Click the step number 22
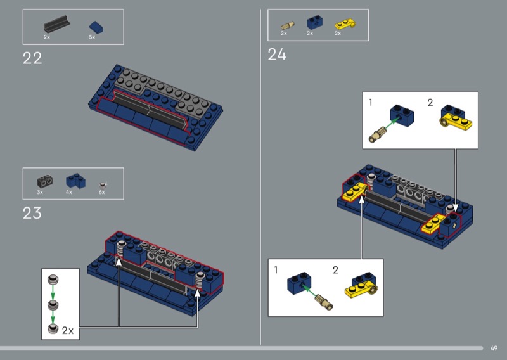32,58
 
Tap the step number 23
32,213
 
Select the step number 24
277,55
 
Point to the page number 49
494,349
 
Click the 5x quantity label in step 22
92,37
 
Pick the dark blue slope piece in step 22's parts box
96,27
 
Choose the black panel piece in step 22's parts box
57,24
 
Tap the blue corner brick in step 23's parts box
76,181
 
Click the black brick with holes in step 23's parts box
45,181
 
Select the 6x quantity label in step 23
101,192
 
